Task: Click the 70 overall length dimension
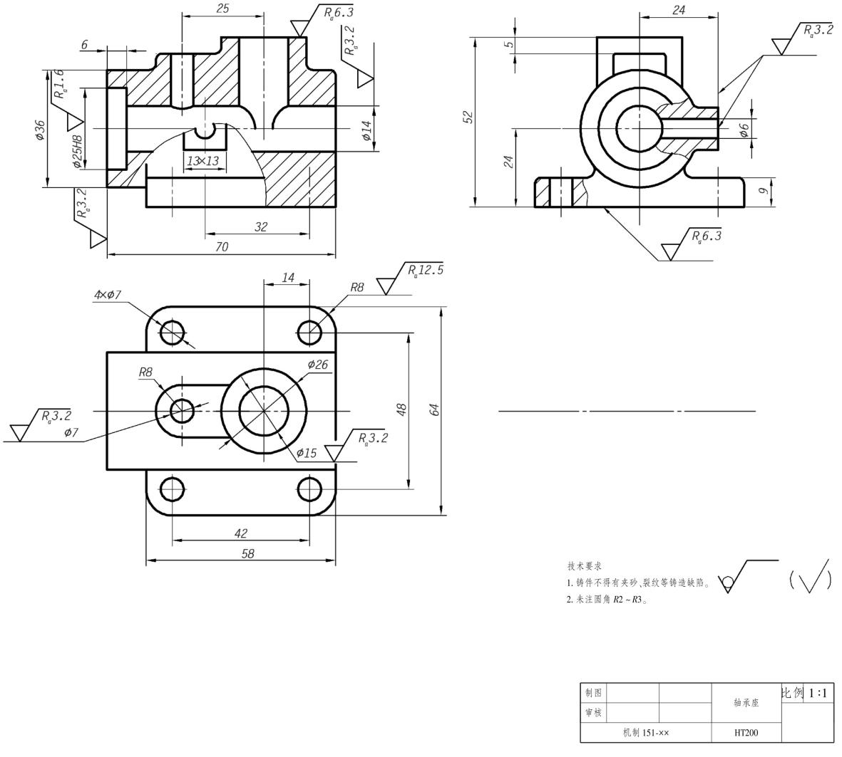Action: [x=222, y=246]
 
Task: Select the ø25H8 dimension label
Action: [x=78, y=151]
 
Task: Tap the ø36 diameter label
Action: [x=40, y=130]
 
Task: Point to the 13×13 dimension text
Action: [x=203, y=160]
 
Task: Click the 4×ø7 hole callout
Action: [x=108, y=295]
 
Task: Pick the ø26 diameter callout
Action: [x=317, y=365]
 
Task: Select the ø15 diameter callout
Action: [x=307, y=453]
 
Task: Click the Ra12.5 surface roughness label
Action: [x=426, y=270]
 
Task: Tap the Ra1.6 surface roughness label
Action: [x=60, y=84]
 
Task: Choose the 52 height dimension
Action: [x=468, y=116]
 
